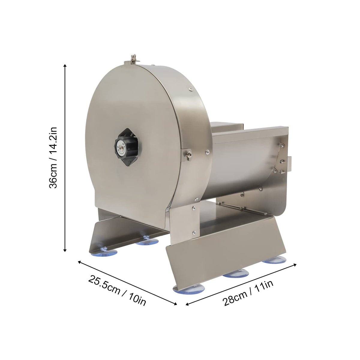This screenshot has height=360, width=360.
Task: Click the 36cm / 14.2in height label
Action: tap(53, 157)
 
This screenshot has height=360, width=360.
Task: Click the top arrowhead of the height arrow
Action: tap(65, 66)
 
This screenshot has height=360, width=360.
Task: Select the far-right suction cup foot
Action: tap(274, 260)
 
